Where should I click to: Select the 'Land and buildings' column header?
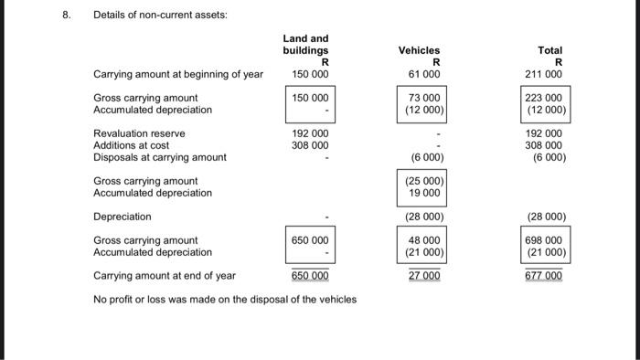coord(305,44)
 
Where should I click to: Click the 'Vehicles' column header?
coord(419,50)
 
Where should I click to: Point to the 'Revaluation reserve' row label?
coord(139,133)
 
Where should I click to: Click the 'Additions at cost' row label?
coord(132,145)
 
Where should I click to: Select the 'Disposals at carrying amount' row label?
coord(160,157)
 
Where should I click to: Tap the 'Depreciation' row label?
coord(123,217)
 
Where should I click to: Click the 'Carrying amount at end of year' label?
coord(165,275)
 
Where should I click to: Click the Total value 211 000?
coord(546,74)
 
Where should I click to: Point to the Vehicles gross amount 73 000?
coord(423,98)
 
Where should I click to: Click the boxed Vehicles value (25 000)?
coord(423,181)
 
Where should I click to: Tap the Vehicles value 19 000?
coord(425,193)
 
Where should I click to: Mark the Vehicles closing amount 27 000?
coord(423,275)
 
